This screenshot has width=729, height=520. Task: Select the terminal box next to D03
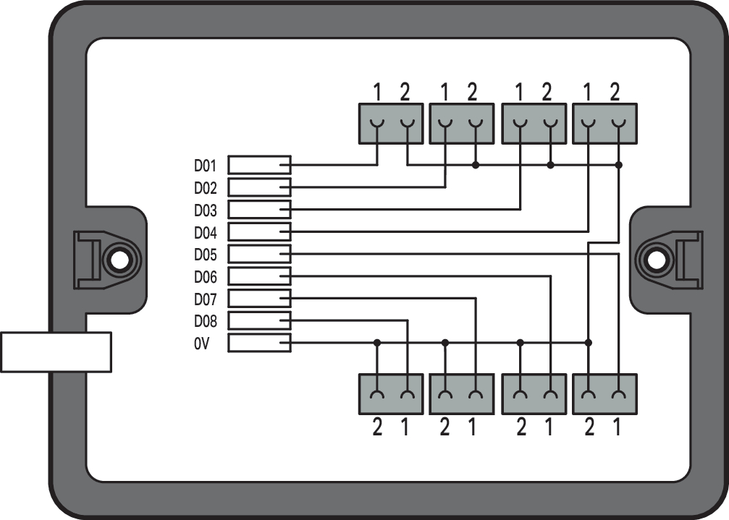point(259,210)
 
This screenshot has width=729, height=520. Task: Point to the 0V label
point(201,344)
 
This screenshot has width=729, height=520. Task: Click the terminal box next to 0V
point(259,343)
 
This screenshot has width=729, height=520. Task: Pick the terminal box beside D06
point(259,276)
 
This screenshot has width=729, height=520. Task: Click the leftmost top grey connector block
point(391,123)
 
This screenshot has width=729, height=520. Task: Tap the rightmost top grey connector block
point(604,123)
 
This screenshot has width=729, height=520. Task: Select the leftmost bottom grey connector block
point(391,393)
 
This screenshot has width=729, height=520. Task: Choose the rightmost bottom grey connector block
point(604,393)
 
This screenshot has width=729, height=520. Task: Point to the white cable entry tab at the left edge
point(56,352)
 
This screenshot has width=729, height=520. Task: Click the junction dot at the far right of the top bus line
point(618,165)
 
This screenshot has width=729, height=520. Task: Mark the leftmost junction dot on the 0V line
point(376,342)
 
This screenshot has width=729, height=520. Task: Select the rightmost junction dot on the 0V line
point(589,342)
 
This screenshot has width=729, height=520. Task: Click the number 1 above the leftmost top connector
point(376,92)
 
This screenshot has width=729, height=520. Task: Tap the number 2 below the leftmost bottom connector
point(376,428)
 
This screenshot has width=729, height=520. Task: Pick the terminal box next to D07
point(259,298)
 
